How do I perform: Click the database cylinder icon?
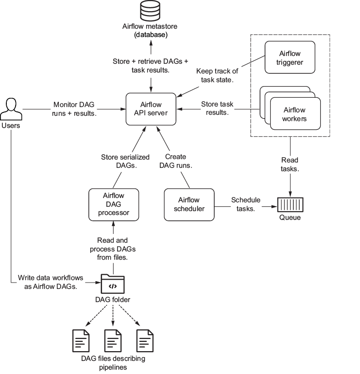tap(150, 11)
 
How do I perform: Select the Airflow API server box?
tap(151, 109)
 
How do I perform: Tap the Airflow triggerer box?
tap(290, 57)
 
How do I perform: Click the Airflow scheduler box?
tap(189, 205)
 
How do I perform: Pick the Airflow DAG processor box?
tap(114, 205)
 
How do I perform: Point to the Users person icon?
tap(11, 109)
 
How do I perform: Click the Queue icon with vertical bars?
tap(290, 205)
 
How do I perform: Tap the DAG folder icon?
tap(113, 284)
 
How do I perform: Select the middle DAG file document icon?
tap(113, 340)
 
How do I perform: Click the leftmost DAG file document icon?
tap(81, 340)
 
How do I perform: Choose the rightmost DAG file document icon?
tap(145, 340)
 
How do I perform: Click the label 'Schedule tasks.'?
tap(246, 204)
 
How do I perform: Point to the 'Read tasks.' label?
tap(290, 164)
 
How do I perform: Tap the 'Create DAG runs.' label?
tap(175, 161)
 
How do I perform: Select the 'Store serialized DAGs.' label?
tap(125, 161)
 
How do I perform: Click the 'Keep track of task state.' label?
tap(217, 75)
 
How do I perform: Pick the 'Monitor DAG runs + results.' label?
tap(74, 109)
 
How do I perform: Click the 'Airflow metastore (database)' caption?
tap(150, 30)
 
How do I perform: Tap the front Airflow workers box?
tap(295, 113)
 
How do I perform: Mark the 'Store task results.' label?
tap(217, 108)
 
